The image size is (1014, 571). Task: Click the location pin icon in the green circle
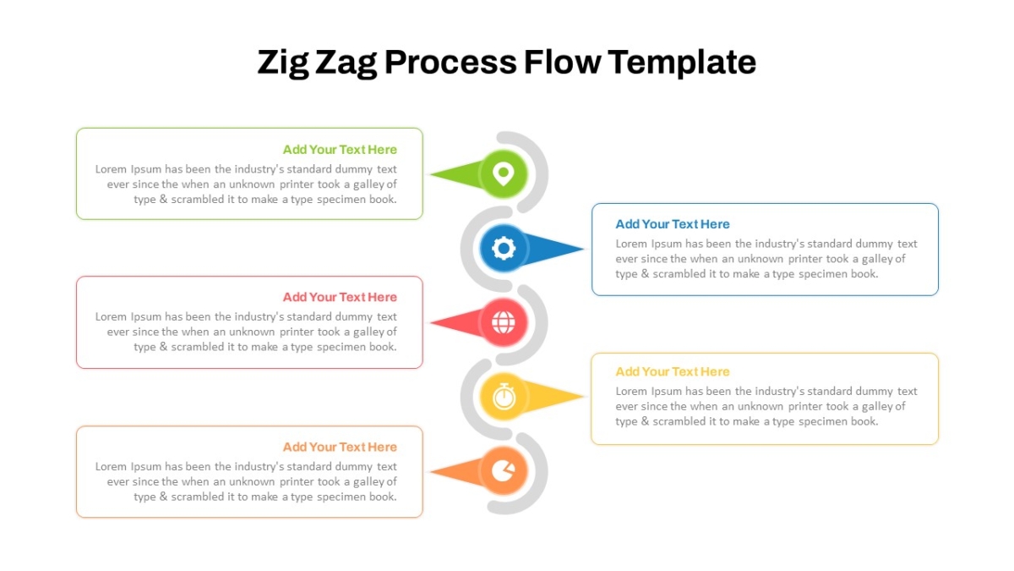504,174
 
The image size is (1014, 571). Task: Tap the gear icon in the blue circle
504,249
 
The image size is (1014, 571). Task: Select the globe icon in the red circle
504,322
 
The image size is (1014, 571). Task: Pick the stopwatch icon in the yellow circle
504,397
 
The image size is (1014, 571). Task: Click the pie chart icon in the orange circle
504,471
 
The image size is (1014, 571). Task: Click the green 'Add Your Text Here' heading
340,150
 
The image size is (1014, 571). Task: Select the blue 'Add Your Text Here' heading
673,224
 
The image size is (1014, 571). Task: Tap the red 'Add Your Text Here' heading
340,297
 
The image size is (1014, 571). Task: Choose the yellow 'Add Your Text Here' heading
673,371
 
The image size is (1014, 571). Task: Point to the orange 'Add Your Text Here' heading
340,447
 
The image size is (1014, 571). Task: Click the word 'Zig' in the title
283,63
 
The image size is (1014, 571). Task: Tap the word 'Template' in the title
681,63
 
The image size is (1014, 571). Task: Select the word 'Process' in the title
450,63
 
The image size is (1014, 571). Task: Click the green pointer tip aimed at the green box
430,174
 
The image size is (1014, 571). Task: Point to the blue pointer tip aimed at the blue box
584,249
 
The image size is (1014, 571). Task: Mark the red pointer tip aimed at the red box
430,322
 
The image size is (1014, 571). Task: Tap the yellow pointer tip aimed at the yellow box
584,397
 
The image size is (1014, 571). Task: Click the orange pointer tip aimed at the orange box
430,471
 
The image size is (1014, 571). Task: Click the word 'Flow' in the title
563,62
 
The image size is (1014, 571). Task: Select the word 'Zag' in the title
346,63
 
